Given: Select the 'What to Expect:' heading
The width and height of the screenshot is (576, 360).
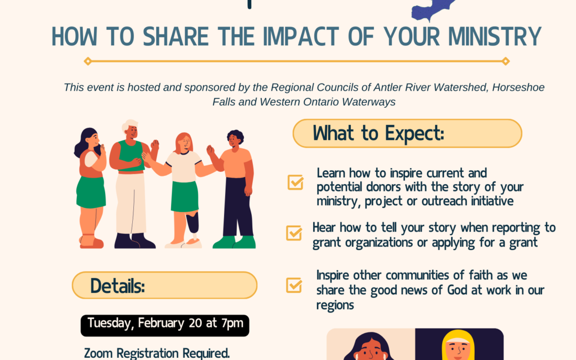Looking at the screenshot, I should coord(378,133).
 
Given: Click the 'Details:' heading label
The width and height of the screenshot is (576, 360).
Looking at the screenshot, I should coord(117,286).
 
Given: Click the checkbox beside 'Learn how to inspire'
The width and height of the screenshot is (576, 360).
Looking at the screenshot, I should coord(295,182).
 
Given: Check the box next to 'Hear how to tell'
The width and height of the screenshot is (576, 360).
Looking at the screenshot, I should coord(294,233).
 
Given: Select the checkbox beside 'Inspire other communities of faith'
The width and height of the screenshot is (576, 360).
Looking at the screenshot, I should coord(294,285).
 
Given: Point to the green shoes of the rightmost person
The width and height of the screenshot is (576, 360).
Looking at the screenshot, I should coord(234,242).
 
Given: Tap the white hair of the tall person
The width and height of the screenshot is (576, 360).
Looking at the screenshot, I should coord(130,125).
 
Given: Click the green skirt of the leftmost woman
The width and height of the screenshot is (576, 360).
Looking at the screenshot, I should coord(91,192).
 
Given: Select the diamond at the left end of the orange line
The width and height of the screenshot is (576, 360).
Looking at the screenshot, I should coord(88,61).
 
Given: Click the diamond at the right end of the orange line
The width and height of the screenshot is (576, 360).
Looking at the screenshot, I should coord(506,61).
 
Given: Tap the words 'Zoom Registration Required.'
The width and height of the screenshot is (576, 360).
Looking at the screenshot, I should coord(157,353).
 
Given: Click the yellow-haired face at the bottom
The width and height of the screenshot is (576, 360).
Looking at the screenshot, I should coord(458,347).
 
